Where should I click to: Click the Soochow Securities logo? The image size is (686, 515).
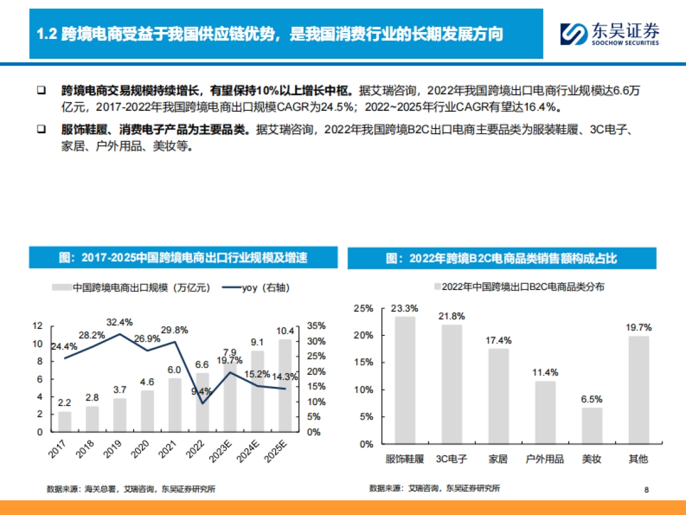tap(609, 34)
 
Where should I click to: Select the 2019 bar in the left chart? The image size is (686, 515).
tap(119, 415)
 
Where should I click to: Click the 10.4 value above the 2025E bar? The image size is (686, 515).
tap(285, 330)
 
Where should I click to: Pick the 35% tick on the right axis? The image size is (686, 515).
tap(317, 326)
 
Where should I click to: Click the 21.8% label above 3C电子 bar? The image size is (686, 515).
tap(452, 316)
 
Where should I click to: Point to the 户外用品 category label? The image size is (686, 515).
tap(545, 459)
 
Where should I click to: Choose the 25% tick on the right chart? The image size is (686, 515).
tap(363, 308)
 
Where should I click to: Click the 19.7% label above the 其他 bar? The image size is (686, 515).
tap(639, 327)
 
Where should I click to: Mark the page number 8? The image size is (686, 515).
tap(646, 489)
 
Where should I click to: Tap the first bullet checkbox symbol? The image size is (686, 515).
tap(41, 90)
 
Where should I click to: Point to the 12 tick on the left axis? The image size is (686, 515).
tap(38, 326)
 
